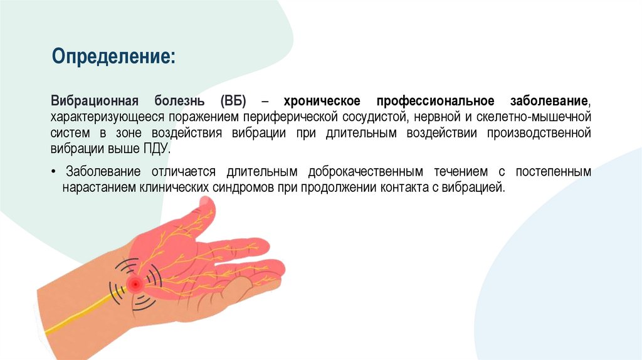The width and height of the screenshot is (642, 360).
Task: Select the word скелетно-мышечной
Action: (x=543, y=117)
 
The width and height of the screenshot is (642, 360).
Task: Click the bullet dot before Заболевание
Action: (x=55, y=172)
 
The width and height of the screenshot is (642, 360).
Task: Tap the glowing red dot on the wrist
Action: (x=134, y=285)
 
